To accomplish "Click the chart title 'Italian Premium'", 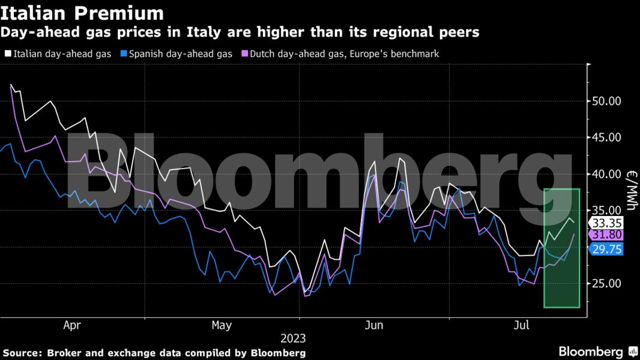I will [82, 13].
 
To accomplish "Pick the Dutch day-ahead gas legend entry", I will [339, 54].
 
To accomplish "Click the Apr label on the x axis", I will [72, 325].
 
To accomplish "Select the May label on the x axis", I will [221, 325].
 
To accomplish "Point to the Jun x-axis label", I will [374, 325].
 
